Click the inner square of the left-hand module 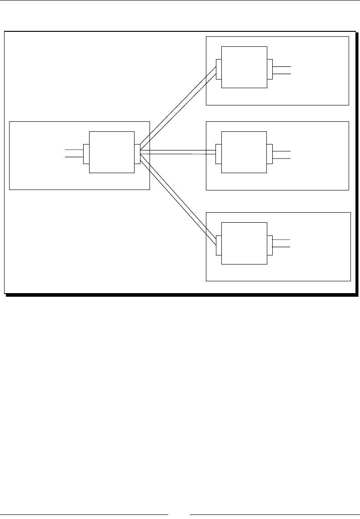pyautogui.click(x=112, y=152)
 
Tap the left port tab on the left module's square pyautogui.click(x=86, y=154)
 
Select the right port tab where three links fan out pyautogui.click(x=137, y=154)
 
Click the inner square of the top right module pyautogui.click(x=244, y=67)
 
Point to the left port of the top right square pyautogui.click(x=219, y=69)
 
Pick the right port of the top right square pyautogui.click(x=270, y=69)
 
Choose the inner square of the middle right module pyautogui.click(x=244, y=152)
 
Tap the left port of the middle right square pyautogui.click(x=219, y=154)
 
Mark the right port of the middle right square pyautogui.click(x=270, y=154)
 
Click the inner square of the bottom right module pyautogui.click(x=244, y=243)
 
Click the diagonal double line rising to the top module pyautogui.click(x=177, y=109)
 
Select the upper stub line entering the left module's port pyautogui.click(x=74, y=150)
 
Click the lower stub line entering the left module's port pyautogui.click(x=74, y=157)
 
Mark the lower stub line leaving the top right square pyautogui.click(x=281, y=73)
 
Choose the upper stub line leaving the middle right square pyautogui.click(x=281, y=151)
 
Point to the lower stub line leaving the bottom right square pyautogui.click(x=281, y=247)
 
